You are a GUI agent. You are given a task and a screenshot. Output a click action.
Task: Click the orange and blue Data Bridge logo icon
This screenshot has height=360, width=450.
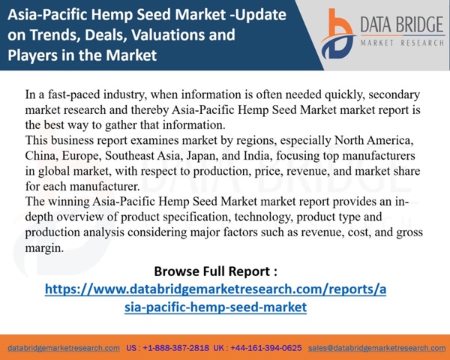(338, 34)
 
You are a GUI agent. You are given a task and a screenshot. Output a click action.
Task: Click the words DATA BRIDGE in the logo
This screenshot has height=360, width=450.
(402, 25)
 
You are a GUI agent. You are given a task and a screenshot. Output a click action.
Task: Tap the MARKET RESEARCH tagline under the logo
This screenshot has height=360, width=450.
(402, 43)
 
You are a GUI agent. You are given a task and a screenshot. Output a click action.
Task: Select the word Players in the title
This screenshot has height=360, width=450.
(32, 55)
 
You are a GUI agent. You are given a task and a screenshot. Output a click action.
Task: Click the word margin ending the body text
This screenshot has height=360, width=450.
(44, 248)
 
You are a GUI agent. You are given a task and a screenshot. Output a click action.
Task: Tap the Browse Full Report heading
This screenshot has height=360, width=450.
(215, 271)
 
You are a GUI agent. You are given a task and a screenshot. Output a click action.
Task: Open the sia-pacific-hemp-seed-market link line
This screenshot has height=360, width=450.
(215, 307)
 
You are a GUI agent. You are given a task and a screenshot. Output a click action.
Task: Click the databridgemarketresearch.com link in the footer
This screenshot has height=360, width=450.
(64, 348)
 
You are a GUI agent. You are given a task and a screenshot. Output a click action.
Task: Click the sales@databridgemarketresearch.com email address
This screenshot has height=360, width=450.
(376, 348)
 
